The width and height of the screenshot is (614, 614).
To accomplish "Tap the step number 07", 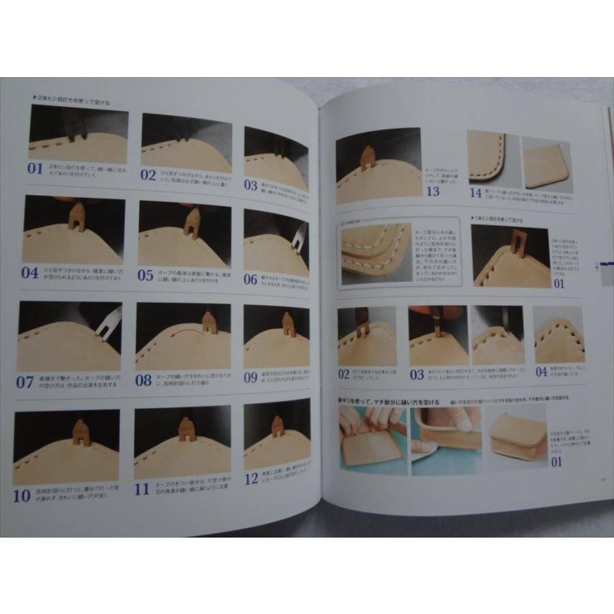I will point(25,382).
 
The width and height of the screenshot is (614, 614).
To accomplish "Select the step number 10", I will point(22,495).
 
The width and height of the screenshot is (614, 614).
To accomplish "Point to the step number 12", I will point(251,479).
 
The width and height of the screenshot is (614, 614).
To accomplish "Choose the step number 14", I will point(475,194).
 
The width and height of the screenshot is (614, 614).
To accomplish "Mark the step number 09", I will point(251,376).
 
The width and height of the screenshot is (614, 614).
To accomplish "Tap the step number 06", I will point(251,279).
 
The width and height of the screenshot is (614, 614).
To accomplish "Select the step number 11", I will point(142,488).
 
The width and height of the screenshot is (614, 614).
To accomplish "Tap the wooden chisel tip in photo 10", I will point(81,431).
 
